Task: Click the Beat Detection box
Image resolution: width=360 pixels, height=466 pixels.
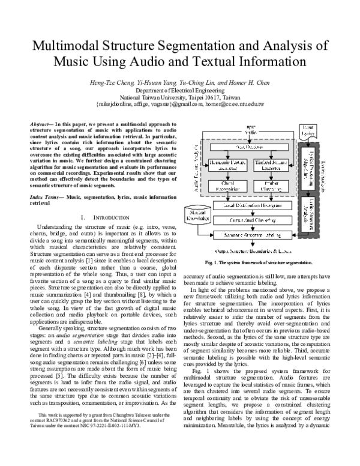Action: [249, 147]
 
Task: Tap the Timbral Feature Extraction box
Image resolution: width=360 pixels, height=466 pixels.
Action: [271, 166]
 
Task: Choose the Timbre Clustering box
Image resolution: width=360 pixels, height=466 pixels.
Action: [271, 186]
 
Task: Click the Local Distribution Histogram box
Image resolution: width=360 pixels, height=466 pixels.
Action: [252, 205]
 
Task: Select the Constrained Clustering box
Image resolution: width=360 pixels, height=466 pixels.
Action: [252, 220]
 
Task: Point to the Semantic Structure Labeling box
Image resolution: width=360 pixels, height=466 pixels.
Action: [252, 234]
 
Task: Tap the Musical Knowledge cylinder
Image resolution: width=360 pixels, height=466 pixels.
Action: [198, 215]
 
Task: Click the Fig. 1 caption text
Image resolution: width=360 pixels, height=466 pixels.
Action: [257, 263]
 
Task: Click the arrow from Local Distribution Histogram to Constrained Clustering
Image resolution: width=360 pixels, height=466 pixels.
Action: [252, 213]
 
